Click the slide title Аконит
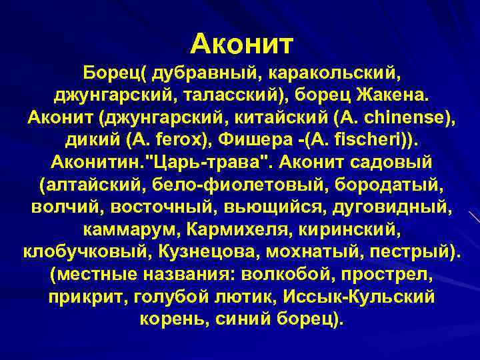[x=241, y=44]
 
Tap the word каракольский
[x=327, y=71]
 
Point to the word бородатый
[x=375, y=185]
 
